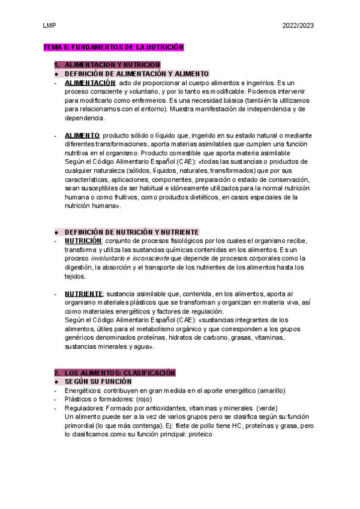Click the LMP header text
[x=49, y=26]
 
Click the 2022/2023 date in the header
[x=298, y=26]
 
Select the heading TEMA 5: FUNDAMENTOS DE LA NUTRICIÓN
[x=113, y=47]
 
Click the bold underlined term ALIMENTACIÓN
[x=90, y=82]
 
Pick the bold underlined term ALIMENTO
[x=82, y=136]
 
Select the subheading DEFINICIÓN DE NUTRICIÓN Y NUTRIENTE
[x=132, y=232]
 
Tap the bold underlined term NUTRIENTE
[x=84, y=294]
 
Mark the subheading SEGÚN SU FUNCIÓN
[x=98, y=382]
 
